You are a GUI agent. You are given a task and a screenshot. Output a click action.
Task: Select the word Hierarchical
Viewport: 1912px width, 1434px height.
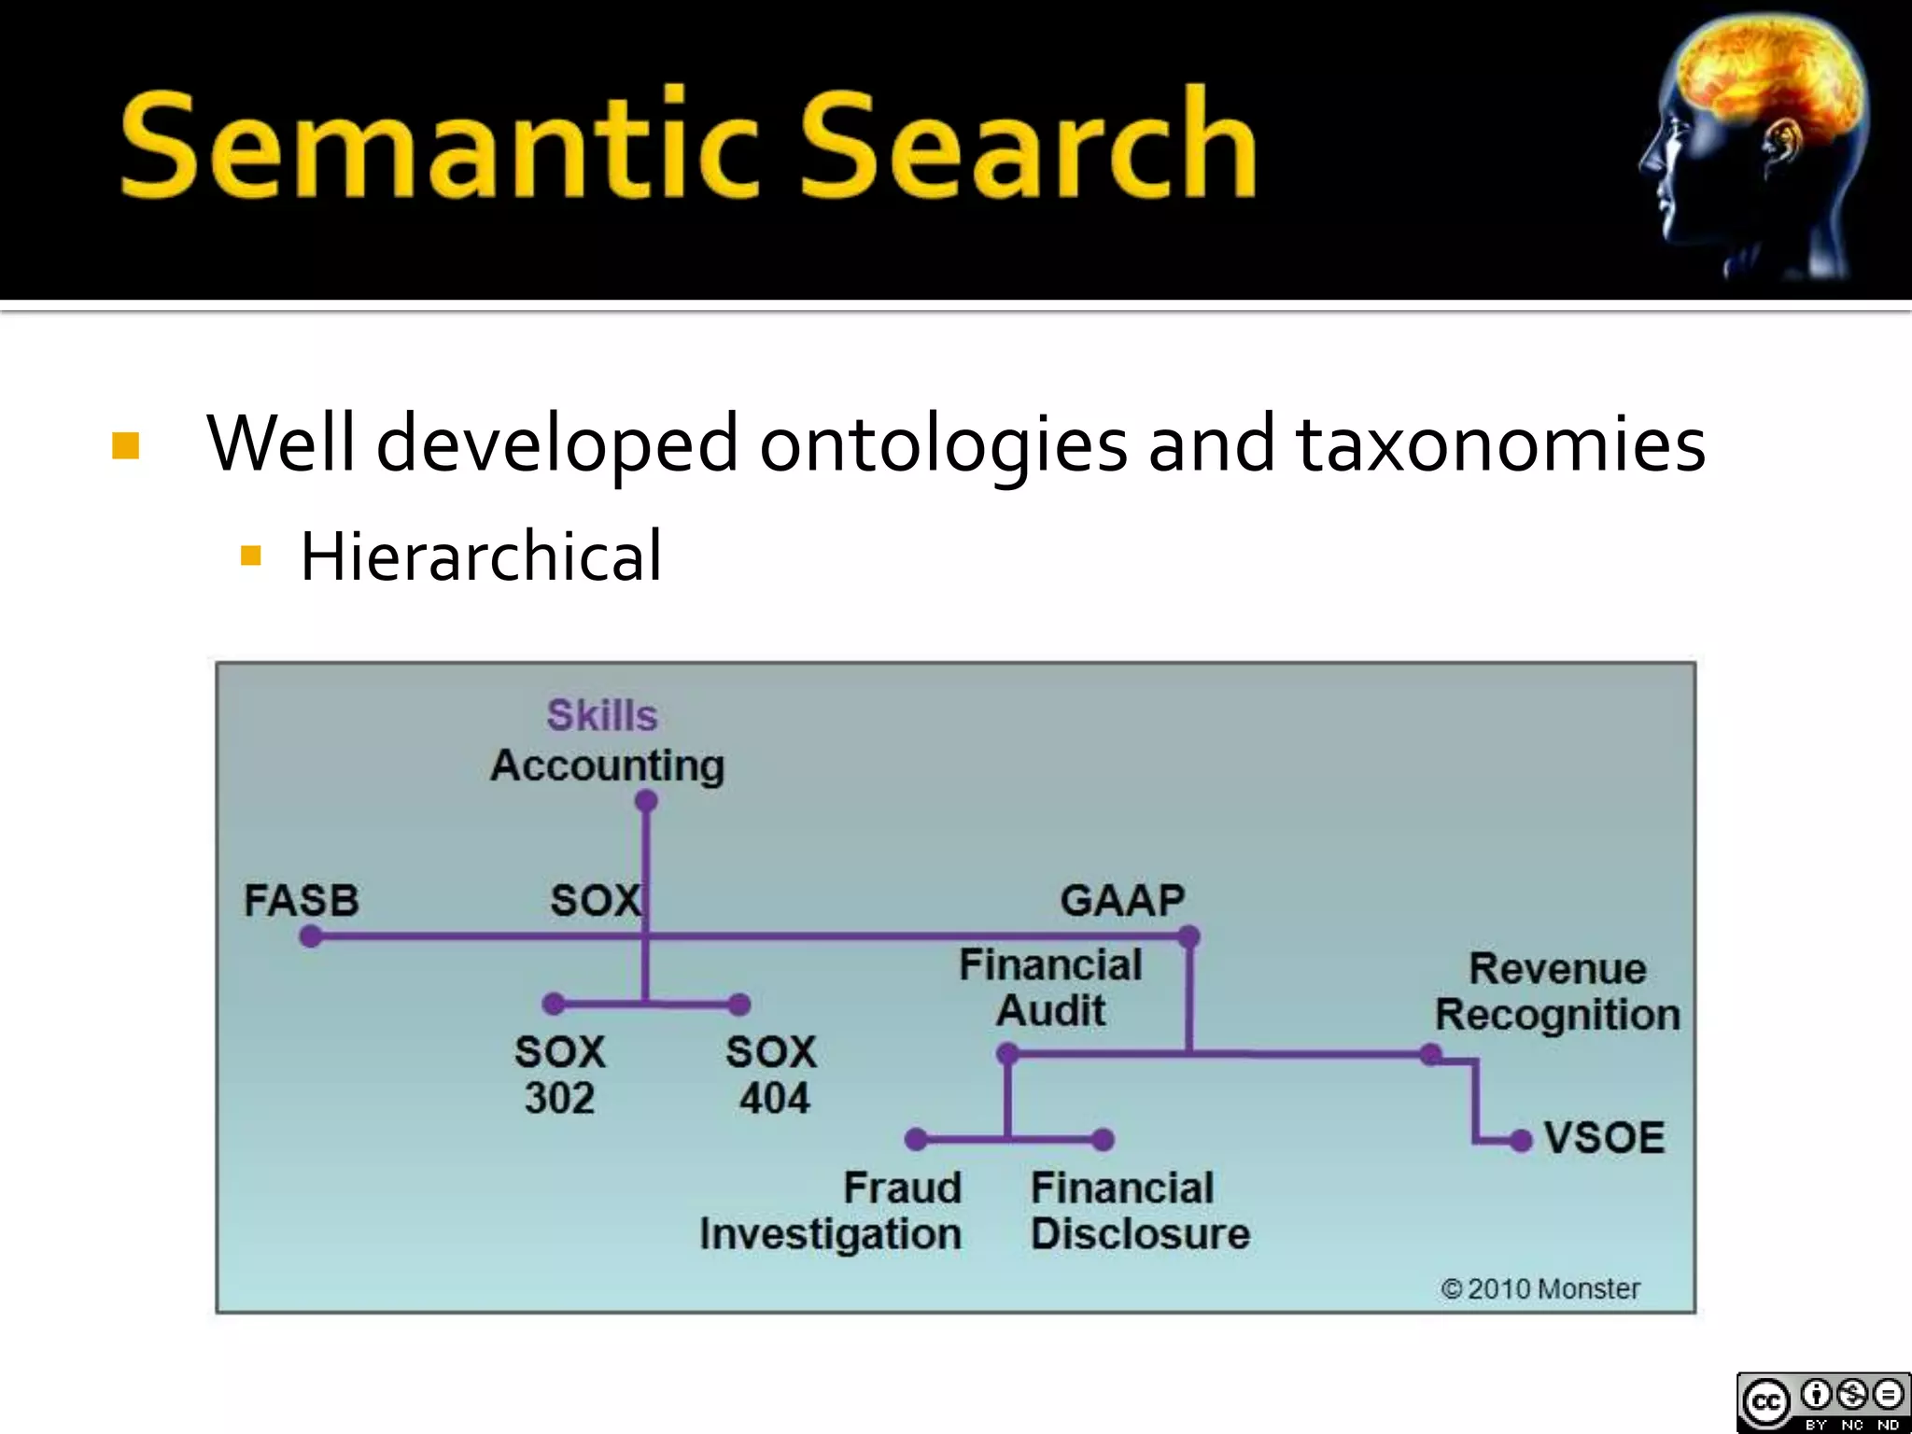pos(481,557)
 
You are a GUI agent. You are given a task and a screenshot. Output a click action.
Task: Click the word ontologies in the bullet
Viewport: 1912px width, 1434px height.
pos(943,444)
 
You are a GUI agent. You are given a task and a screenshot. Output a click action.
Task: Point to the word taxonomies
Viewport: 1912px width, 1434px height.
pos(1501,444)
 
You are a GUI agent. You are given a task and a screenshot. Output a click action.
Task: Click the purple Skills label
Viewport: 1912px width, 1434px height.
pos(602,716)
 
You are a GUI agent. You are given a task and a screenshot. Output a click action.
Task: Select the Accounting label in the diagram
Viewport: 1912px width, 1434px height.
pos(608,766)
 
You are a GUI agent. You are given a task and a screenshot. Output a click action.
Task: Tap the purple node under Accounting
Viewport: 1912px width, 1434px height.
pos(646,801)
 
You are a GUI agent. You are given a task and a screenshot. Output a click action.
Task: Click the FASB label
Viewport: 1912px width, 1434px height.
pos(302,901)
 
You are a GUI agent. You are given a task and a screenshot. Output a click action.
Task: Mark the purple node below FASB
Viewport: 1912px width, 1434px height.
pos(311,936)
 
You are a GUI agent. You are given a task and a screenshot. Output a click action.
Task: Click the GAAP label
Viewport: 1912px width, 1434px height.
pos(1122,901)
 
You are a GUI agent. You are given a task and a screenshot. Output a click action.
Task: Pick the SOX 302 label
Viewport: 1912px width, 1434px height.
pos(560,1075)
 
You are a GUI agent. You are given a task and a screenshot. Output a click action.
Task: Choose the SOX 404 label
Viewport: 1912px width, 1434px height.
pos(772,1075)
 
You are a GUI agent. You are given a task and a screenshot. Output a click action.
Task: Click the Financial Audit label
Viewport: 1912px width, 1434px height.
pos(1050,988)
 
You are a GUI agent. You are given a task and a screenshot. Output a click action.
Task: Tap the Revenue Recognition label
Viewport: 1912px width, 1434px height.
pos(1557,991)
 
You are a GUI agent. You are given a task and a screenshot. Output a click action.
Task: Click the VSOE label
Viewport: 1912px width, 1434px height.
pos(1604,1138)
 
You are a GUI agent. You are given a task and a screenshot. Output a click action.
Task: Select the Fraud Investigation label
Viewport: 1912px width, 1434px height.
pos(831,1211)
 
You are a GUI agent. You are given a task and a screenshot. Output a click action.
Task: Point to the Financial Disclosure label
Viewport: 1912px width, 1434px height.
pos(1140,1211)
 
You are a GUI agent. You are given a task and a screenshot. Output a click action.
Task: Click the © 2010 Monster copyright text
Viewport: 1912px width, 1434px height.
pos(1540,1289)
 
